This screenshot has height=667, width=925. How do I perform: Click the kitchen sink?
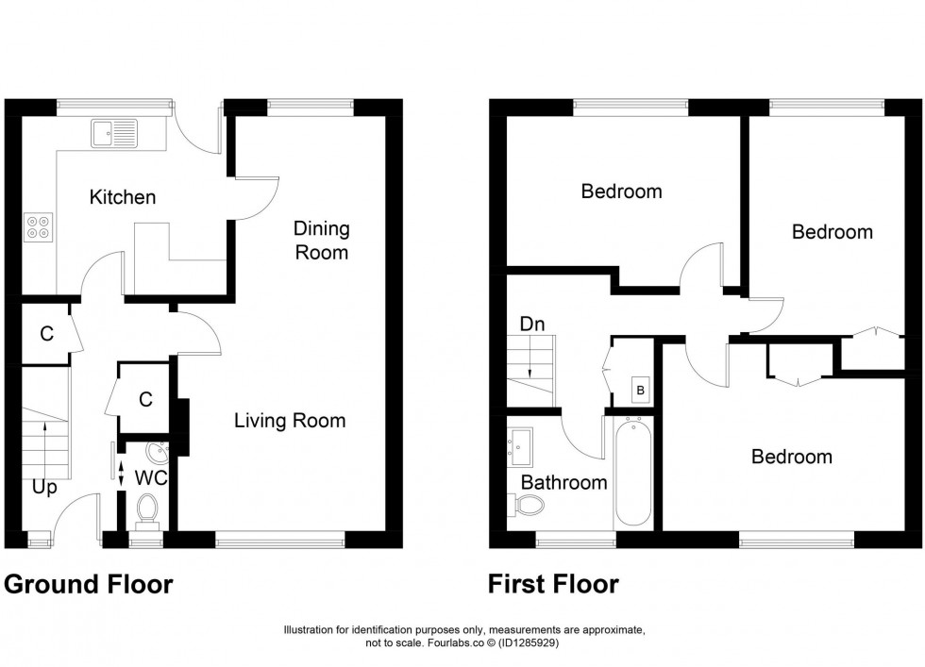(x=114, y=133)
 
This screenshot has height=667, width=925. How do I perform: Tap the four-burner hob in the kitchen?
(x=40, y=226)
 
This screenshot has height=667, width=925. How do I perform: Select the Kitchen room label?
(x=123, y=198)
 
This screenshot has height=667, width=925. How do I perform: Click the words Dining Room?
(x=321, y=241)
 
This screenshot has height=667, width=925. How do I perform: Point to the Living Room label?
(x=290, y=421)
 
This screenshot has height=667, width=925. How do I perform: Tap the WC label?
(x=150, y=478)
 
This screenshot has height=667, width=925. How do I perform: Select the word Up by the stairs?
(x=44, y=488)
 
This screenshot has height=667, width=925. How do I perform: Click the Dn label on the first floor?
(x=531, y=325)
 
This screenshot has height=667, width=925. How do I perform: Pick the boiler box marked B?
(x=640, y=389)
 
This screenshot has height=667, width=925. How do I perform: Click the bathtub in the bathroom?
(x=632, y=472)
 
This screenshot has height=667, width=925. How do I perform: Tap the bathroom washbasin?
(x=519, y=445)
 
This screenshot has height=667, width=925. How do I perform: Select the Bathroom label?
(x=563, y=482)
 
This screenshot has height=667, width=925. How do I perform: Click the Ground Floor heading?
(x=89, y=585)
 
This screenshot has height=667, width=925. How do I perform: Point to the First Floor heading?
(x=553, y=585)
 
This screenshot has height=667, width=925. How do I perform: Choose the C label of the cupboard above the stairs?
(x=45, y=334)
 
